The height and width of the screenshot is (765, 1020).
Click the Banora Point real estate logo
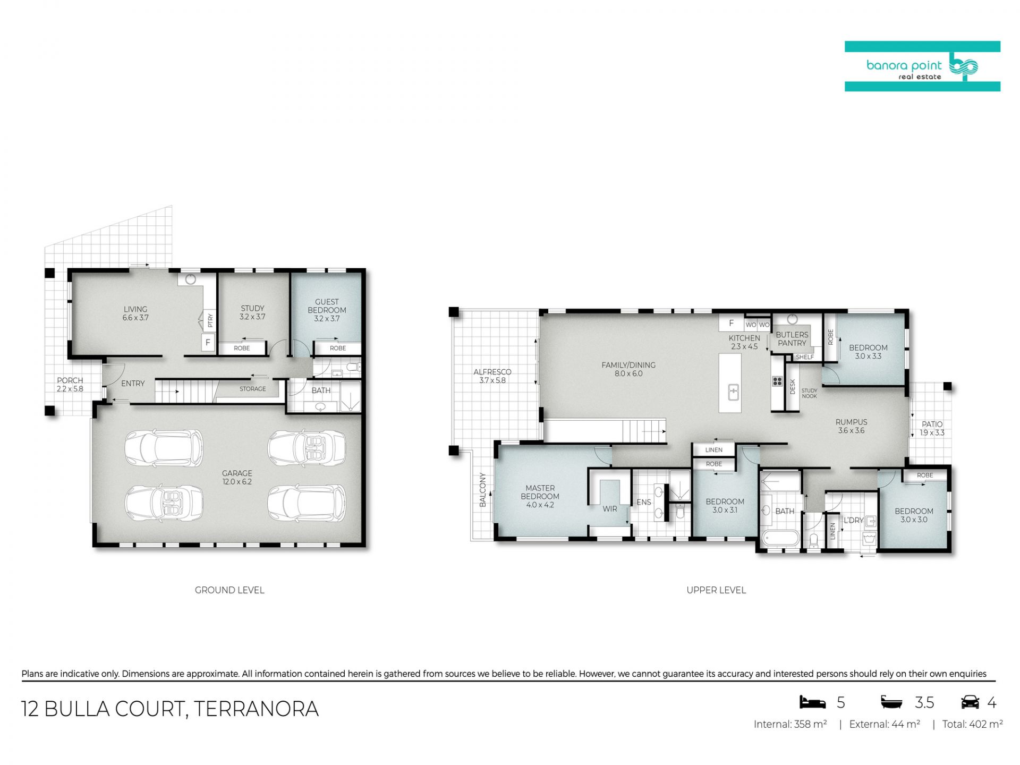(922, 66)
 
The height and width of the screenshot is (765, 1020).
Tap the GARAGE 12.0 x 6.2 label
(237, 478)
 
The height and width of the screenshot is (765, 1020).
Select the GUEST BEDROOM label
(327, 306)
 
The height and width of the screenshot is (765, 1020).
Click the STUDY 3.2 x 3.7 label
(252, 312)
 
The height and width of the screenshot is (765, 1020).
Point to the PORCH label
(70, 380)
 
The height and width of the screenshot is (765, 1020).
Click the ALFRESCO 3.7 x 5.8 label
(492, 376)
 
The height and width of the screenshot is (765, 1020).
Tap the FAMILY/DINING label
(628, 365)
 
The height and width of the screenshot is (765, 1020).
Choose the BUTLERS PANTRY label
(792, 339)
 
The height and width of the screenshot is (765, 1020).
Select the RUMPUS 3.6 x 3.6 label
(851, 427)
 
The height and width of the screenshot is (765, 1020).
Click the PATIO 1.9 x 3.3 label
(932, 429)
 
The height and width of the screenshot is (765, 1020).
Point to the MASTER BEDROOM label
(540, 492)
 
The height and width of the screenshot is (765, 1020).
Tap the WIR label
(610, 509)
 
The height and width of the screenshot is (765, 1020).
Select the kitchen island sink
(733, 393)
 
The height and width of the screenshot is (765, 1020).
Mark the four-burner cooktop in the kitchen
(777, 381)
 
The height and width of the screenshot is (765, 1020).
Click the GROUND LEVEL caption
(229, 590)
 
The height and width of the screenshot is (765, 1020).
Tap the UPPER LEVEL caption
(716, 590)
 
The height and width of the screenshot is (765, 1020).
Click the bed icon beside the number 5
(813, 702)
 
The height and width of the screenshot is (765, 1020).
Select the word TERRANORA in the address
(256, 709)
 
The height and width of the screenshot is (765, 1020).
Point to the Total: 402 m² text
(972, 724)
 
